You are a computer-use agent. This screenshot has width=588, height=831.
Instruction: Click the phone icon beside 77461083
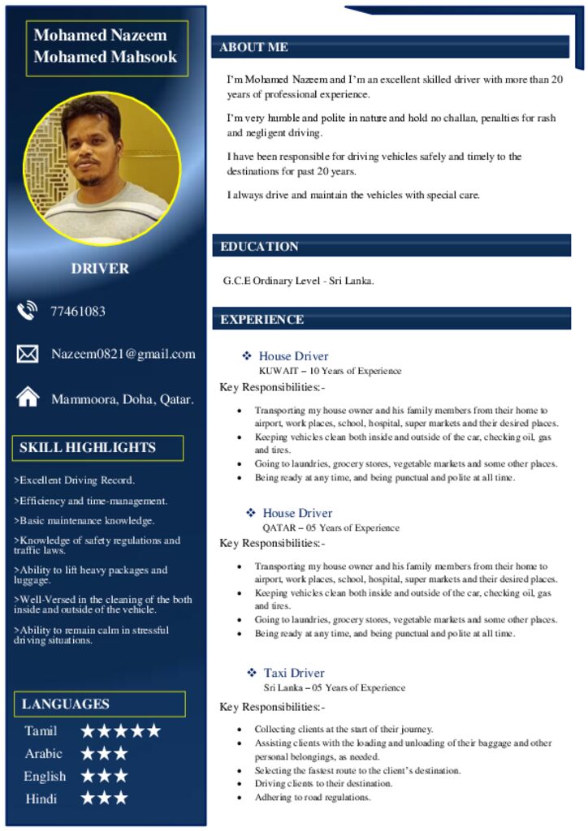(28, 311)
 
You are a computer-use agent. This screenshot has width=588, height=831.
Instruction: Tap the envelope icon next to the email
(28, 354)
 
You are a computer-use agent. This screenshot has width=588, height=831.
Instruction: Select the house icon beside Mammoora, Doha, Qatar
(28, 397)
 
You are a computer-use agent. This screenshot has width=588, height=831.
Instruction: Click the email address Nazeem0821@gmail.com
(123, 354)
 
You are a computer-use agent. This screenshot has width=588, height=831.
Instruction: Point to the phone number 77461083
(78, 311)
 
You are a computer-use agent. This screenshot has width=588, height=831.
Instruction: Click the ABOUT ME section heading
(253, 47)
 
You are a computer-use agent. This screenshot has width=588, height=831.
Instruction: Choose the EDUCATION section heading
(259, 246)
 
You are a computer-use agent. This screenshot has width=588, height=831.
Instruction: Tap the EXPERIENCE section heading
(262, 319)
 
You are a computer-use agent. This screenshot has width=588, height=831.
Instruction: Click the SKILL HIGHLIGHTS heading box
(88, 447)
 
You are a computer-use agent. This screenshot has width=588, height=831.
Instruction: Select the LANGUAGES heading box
(66, 704)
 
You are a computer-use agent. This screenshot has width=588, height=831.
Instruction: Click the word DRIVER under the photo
(100, 268)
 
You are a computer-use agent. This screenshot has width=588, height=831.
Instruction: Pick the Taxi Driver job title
(294, 673)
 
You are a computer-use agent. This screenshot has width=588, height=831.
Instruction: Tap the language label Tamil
(41, 731)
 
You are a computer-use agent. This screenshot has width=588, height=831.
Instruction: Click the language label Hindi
(41, 799)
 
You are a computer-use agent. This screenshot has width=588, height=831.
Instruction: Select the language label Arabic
(43, 754)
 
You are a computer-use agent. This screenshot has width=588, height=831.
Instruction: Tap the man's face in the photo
(92, 142)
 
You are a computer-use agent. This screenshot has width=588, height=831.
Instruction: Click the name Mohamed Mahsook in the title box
(105, 57)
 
